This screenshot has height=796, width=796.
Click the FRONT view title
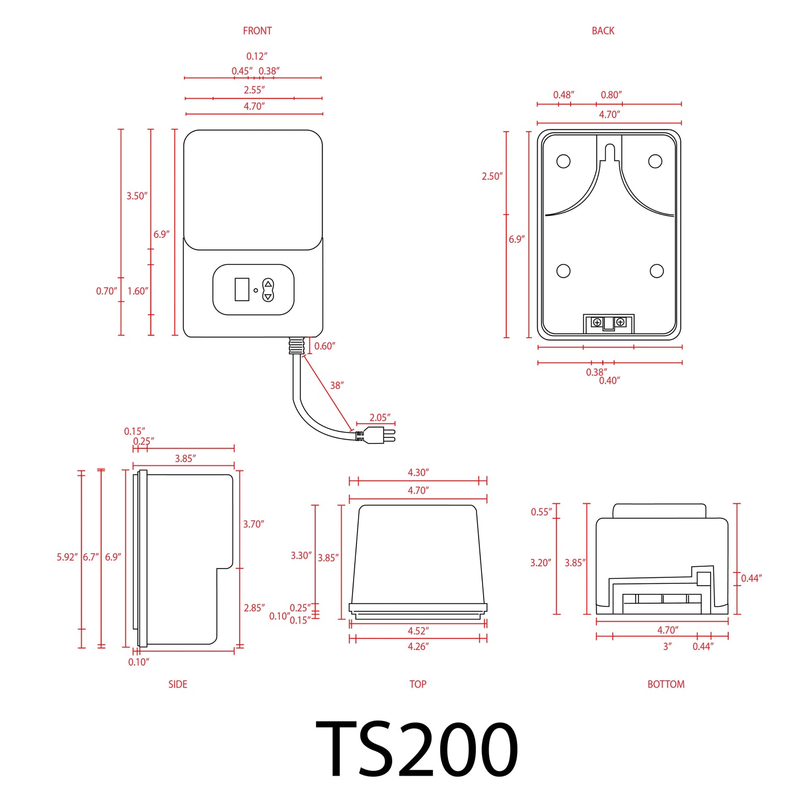[257, 31]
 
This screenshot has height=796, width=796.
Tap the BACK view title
[603, 31]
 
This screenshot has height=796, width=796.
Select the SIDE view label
[177, 684]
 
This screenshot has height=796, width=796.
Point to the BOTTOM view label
[665, 684]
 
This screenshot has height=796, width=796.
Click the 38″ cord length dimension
[337, 386]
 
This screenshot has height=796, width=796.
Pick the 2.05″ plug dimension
[380, 418]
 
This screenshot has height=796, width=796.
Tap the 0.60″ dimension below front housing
[324, 346]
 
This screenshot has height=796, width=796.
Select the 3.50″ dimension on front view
[137, 196]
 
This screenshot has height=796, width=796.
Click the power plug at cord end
[380, 435]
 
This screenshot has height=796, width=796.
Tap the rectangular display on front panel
[242, 289]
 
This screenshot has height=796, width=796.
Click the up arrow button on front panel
[268, 284]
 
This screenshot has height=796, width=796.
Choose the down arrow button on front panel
[268, 296]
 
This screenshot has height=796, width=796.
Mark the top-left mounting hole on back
[563, 161]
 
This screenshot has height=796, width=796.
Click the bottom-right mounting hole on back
[656, 271]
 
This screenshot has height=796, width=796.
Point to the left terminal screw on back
[597, 322]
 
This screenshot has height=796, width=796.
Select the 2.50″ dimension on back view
[492, 176]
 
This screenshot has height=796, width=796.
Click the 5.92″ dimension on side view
[67, 557]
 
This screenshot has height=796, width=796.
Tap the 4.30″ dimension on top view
[418, 473]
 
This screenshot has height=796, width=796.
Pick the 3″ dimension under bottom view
[667, 646]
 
